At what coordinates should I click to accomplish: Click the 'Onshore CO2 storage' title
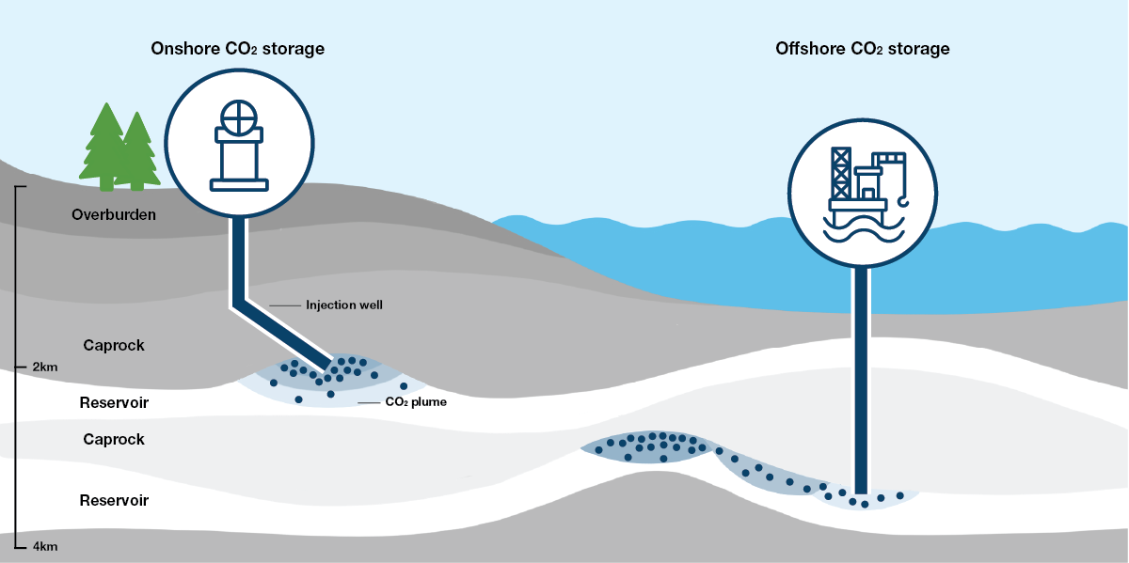(237, 49)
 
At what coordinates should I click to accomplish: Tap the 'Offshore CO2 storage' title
(862, 49)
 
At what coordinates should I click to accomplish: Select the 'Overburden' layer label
(114, 215)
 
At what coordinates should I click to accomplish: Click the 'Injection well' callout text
(344, 305)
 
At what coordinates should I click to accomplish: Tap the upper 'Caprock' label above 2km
(114, 345)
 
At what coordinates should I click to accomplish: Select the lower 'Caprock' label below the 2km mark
(114, 439)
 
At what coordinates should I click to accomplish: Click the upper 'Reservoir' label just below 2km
(114, 403)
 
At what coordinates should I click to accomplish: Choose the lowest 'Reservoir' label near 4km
(114, 500)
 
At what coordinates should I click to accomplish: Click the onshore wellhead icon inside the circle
(238, 146)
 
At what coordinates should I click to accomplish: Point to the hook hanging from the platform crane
(905, 197)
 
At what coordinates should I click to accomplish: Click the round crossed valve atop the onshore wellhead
(238, 117)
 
